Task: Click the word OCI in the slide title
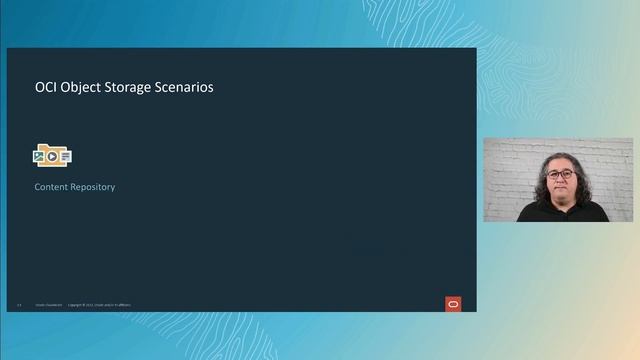pos(46,88)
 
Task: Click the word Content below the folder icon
pos(51,187)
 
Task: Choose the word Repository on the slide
pos(93,187)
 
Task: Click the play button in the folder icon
pos(52,156)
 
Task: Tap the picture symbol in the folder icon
pos(40,156)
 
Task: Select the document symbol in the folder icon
pos(65,156)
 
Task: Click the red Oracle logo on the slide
pos(453,304)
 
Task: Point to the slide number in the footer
pos(19,305)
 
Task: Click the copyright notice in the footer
pos(99,305)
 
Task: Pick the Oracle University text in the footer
pos(48,305)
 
